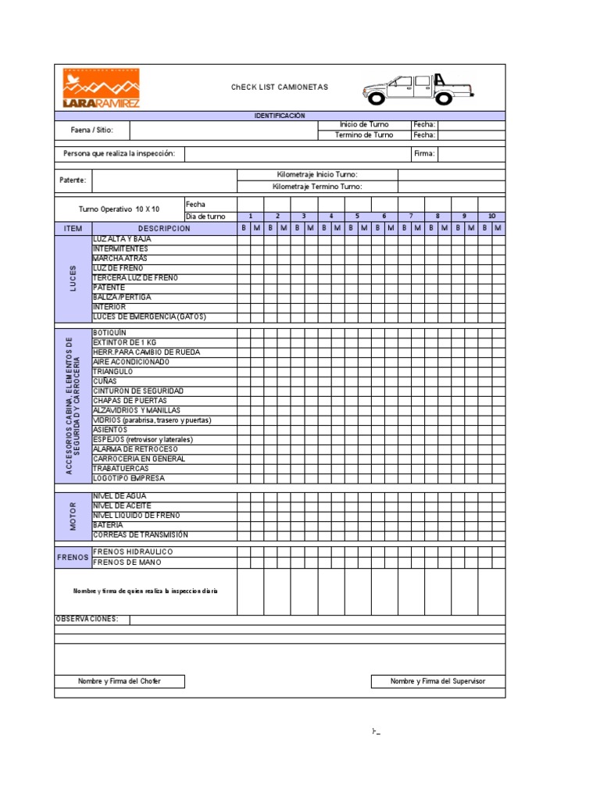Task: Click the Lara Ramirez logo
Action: click(102, 87)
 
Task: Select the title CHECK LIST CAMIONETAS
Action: click(280, 87)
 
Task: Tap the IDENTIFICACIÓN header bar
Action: click(280, 116)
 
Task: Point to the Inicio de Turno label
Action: click(364, 125)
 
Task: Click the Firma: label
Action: click(423, 154)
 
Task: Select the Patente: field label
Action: click(73, 180)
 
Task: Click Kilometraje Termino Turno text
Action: click(317, 187)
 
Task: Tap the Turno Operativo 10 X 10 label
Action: click(119, 209)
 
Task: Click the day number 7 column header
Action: click(411, 216)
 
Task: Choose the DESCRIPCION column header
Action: click(164, 228)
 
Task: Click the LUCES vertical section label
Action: click(73, 280)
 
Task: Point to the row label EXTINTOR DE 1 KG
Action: click(124, 342)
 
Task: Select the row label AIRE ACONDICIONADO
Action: click(130, 362)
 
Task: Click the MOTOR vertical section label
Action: click(73, 516)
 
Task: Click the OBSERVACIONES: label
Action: click(87, 620)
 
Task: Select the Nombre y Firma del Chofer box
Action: click(120, 681)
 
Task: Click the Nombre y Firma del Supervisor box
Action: click(437, 681)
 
